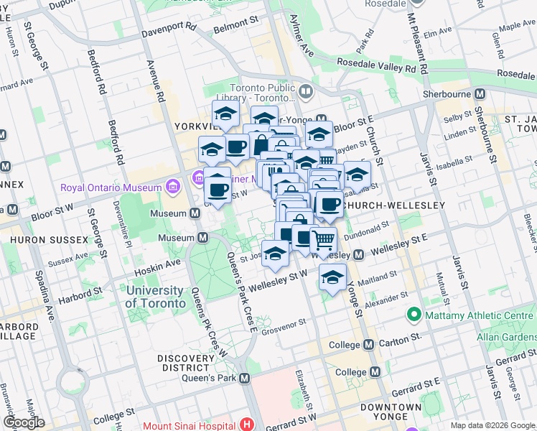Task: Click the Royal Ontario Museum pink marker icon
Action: [x=172, y=187]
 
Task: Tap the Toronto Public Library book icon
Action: [x=306, y=91]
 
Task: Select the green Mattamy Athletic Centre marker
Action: [x=414, y=314]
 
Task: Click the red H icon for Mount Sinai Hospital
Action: [x=248, y=425]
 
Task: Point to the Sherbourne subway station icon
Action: [x=480, y=93]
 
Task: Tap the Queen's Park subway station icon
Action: [x=245, y=378]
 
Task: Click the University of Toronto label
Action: [x=154, y=297]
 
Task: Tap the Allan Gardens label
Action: [x=505, y=336]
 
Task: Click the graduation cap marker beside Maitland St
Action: [x=332, y=277]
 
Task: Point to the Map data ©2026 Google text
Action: [x=492, y=425]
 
